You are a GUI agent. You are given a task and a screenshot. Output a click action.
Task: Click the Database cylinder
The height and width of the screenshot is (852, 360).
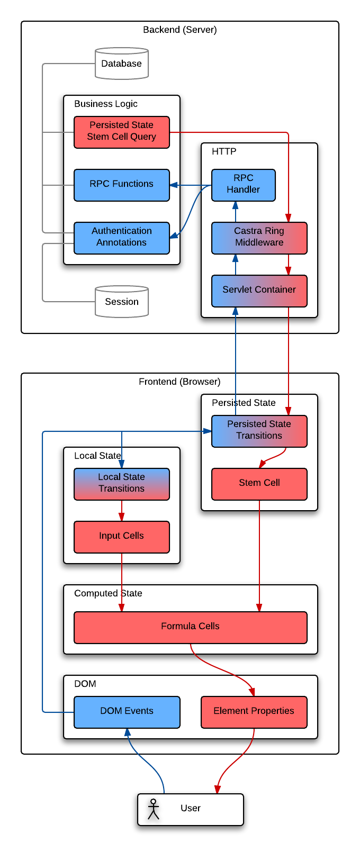pyautogui.click(x=122, y=64)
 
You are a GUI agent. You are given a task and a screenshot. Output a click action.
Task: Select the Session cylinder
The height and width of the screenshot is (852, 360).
pyautogui.click(x=122, y=302)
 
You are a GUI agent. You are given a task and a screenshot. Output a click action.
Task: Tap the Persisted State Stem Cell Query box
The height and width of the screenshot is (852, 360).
pyautogui.click(x=122, y=132)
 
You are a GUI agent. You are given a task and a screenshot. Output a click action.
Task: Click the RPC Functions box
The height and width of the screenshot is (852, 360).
pyautogui.click(x=122, y=185)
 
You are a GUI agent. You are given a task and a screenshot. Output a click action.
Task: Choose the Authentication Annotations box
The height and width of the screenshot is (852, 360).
pyautogui.click(x=122, y=238)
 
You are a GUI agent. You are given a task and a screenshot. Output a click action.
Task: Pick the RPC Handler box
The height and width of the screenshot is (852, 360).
pyautogui.click(x=244, y=185)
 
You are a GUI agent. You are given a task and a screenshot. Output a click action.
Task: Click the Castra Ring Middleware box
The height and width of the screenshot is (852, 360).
pyautogui.click(x=259, y=238)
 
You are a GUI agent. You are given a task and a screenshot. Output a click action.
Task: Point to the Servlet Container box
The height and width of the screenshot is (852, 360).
pyautogui.click(x=259, y=291)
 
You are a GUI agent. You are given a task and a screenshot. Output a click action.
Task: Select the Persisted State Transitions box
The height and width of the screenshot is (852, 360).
pyautogui.click(x=259, y=431)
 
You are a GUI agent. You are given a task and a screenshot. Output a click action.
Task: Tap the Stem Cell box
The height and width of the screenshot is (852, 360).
pyautogui.click(x=259, y=484)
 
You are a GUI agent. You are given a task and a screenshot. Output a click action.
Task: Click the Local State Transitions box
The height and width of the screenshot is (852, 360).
pyautogui.click(x=122, y=484)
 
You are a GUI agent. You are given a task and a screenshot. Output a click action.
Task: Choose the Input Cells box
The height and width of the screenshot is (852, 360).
pyautogui.click(x=122, y=537)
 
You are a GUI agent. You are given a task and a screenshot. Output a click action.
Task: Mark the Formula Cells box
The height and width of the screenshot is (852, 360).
pyautogui.click(x=191, y=627)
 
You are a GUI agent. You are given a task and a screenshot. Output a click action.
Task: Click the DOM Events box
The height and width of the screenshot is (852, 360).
pyautogui.click(x=127, y=712)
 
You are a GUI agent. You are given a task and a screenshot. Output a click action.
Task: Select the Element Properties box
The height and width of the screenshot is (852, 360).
pyautogui.click(x=254, y=712)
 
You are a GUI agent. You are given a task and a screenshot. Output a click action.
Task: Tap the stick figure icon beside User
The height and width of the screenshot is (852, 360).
pyautogui.click(x=154, y=809)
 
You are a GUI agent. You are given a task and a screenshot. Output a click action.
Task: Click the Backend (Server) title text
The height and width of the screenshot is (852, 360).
pyautogui.click(x=180, y=30)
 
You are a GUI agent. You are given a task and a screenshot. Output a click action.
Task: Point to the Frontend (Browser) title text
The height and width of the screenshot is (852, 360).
pyautogui.click(x=180, y=382)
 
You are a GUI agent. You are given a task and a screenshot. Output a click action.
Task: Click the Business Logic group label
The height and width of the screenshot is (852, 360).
pyautogui.click(x=106, y=104)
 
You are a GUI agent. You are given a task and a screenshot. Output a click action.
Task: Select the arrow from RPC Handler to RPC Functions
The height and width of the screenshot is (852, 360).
pyautogui.click(x=191, y=185)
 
